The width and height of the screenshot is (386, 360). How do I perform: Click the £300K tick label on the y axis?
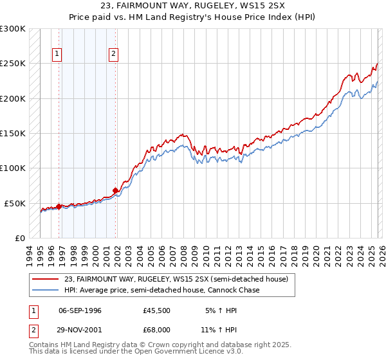click(x=13, y=29)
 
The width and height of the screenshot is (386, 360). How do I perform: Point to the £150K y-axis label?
click(x=13, y=134)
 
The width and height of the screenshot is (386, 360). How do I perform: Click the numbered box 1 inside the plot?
click(x=58, y=55)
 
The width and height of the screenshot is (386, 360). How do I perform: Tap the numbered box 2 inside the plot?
click(x=113, y=55)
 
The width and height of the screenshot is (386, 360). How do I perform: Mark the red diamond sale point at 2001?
click(x=116, y=190)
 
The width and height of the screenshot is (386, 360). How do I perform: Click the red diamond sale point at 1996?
click(x=59, y=206)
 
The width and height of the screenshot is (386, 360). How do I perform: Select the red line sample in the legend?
click(x=46, y=279)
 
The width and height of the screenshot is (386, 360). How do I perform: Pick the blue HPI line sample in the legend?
click(x=46, y=290)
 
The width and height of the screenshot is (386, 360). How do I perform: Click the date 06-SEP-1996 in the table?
click(x=80, y=310)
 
